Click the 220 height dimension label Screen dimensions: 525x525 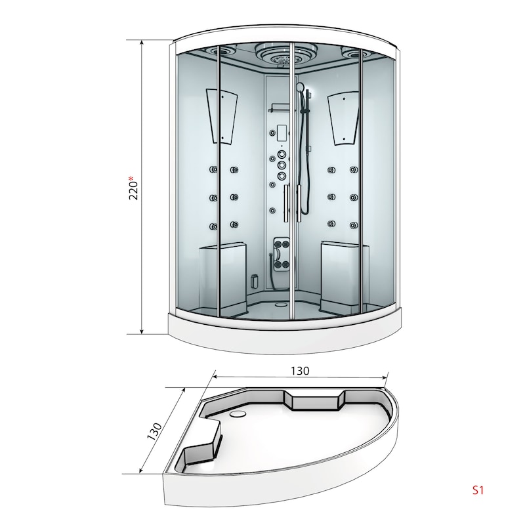[x=133, y=190]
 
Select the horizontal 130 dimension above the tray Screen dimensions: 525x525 [x=300, y=371]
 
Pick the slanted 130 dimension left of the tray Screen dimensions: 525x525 [x=154, y=431]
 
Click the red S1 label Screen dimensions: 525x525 [x=478, y=490]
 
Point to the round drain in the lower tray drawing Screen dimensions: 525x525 [x=238, y=414]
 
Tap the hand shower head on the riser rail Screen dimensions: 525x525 [x=301, y=89]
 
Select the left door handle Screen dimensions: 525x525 [x=286, y=203]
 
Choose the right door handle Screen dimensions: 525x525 [x=299, y=203]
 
